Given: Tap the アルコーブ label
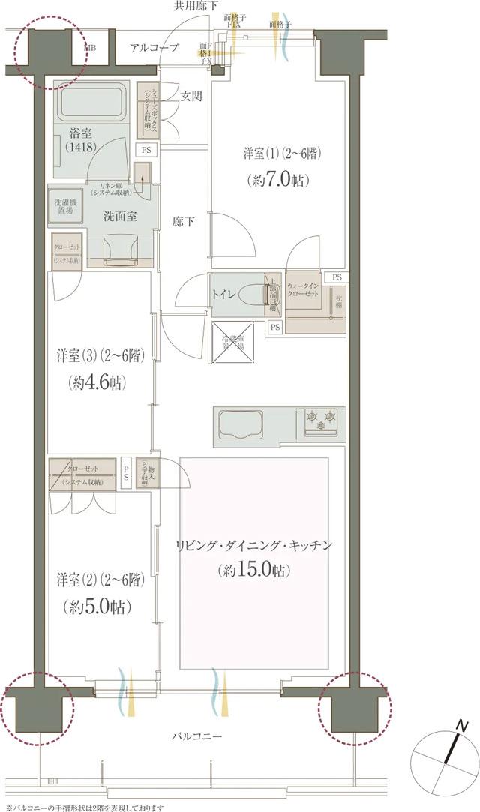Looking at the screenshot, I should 154,48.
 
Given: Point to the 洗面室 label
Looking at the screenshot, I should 120,215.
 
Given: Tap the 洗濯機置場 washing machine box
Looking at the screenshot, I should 66,208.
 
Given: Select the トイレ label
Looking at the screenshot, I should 227,295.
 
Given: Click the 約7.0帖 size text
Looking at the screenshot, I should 277,180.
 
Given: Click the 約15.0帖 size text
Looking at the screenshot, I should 253,571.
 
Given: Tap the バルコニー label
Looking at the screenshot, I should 196,737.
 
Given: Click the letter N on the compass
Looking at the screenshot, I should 462,726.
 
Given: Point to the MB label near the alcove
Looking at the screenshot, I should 90,49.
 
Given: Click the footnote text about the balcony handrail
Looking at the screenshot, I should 84,807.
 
